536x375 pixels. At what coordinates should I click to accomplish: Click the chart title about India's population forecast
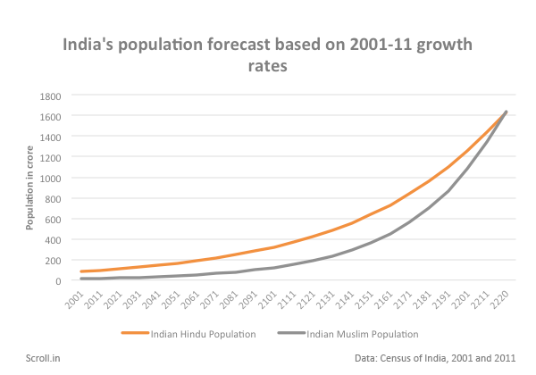coord(266,55)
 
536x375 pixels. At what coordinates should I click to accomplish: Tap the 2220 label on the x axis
coord(500,297)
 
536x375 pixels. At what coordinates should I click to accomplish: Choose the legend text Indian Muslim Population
coord(362,335)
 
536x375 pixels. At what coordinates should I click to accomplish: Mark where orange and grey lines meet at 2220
coord(506,112)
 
